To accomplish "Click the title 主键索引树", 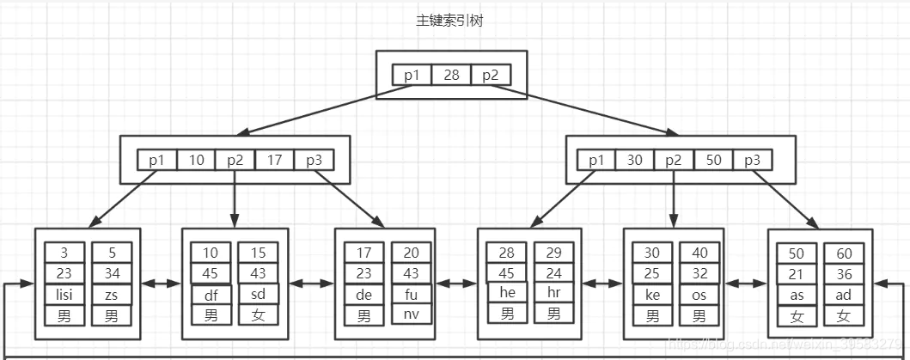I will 449,21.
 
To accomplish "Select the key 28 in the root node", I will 451,76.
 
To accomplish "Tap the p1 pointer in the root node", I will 412,76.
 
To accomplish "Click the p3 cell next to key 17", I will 314,160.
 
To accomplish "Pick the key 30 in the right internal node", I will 635,160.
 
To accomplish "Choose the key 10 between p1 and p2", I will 197,160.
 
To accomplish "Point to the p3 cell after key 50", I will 753,160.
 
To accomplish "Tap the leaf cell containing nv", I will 411,314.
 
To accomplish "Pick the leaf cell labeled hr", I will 553,293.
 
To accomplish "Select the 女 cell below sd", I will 258,315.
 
